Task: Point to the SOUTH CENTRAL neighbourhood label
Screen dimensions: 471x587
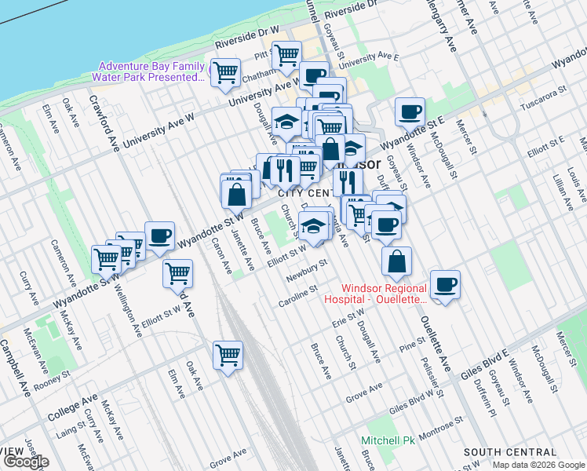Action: [510, 453]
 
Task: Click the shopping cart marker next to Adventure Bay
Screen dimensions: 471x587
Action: [226, 72]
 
